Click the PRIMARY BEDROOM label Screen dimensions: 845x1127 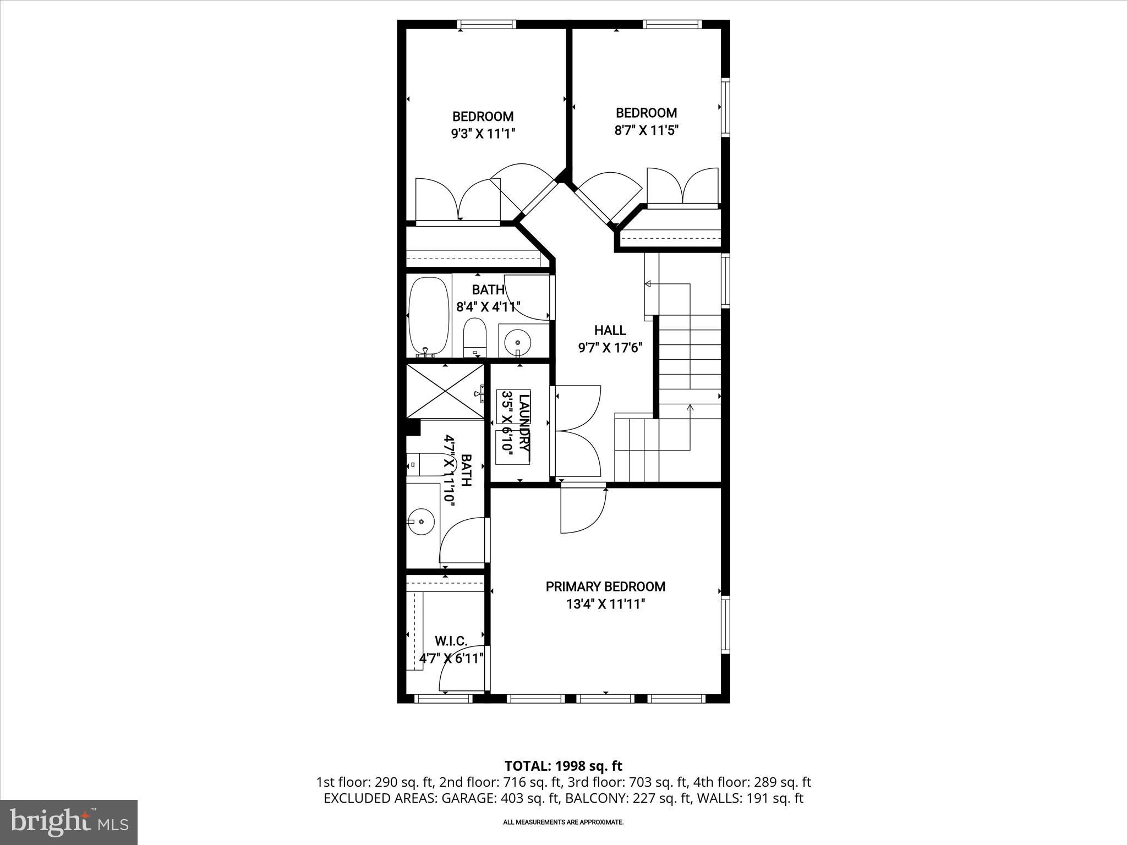tap(605, 586)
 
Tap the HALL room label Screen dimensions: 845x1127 tap(610, 330)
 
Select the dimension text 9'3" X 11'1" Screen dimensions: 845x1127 tap(483, 134)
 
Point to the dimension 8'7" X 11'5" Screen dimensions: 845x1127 tap(646, 130)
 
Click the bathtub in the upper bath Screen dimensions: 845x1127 tap(429, 316)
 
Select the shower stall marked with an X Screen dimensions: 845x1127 tap(445, 391)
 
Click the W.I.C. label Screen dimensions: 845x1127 tap(451, 641)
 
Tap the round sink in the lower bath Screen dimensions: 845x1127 tap(421, 520)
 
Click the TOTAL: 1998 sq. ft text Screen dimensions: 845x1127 tap(563, 766)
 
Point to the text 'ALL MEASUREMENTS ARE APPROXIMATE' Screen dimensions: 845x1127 tap(563, 822)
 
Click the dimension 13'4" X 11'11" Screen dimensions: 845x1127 tap(605, 604)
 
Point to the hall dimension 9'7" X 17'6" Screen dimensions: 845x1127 tap(610, 348)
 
